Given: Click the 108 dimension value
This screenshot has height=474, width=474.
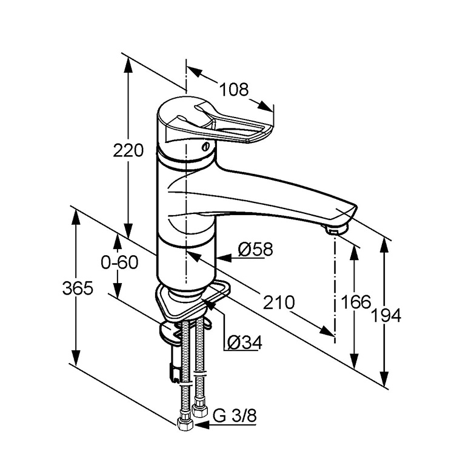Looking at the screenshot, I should click(234, 90).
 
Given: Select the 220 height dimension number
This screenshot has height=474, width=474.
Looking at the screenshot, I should click(129, 150).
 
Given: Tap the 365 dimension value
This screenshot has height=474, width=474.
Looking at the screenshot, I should click(78, 289).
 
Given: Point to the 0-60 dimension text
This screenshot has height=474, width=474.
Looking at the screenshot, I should click(120, 262).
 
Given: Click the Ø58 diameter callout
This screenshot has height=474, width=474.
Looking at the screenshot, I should click(255, 249).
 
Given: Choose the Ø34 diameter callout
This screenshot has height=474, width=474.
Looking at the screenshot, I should click(244, 343).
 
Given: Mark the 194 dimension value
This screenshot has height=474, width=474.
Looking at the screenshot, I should click(386, 315).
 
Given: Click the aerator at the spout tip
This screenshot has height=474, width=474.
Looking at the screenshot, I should click(334, 229).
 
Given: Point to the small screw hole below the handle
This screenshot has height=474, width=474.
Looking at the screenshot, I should click(205, 146).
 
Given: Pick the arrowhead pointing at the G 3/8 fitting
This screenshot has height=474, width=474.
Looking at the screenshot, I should click(198, 425).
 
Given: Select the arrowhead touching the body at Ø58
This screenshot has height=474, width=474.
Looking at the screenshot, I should click(222, 258).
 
